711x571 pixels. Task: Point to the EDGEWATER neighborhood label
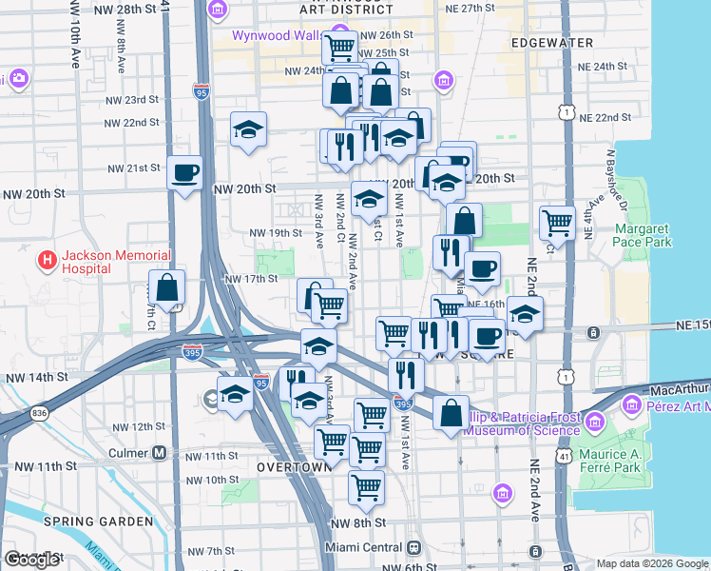551,44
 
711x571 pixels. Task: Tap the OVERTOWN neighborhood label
294,467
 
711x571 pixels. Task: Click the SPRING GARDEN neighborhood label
98,522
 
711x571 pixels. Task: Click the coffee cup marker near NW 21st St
184,173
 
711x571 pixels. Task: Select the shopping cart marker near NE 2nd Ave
557,224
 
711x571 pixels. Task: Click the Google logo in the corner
31,560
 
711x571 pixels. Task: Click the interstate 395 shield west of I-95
191,351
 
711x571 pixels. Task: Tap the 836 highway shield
38,412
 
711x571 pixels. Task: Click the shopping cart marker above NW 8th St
366,487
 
